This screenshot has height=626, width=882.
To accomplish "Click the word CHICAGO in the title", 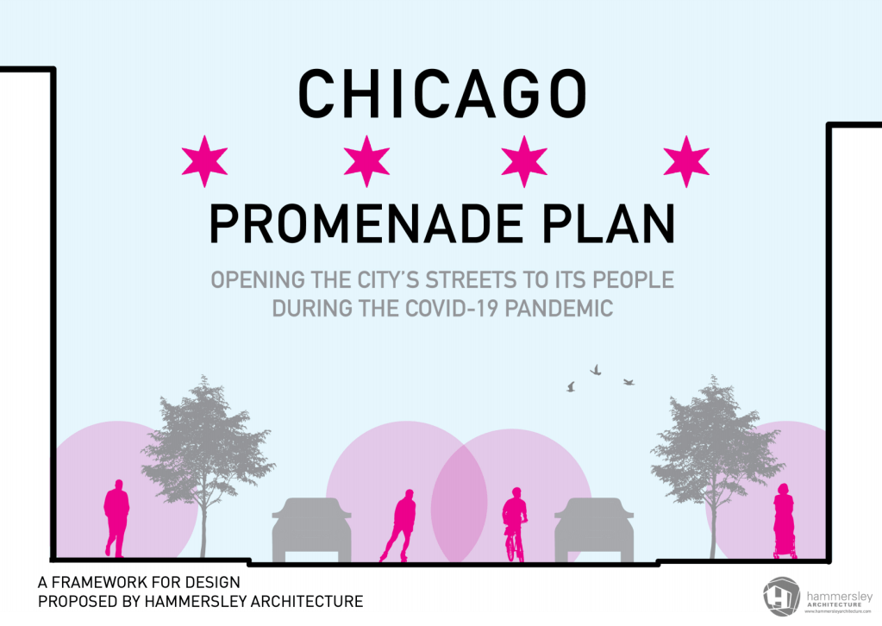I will coord(442,93).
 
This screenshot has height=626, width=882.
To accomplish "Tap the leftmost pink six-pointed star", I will coord(205,160).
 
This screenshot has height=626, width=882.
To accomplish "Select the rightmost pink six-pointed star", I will coord(686,160).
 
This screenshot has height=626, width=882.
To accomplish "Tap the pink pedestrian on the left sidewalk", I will coord(116,518).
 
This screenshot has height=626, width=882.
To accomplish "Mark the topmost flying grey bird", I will coord(595,369).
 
